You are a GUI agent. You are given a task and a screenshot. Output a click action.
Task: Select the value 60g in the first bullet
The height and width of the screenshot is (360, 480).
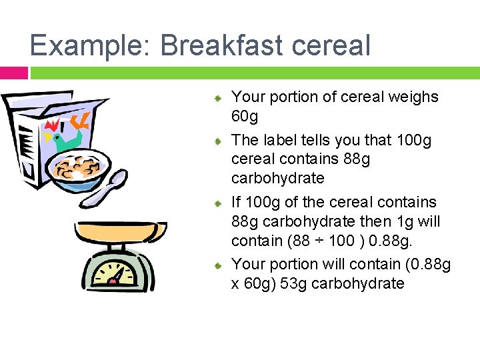coord(245,117)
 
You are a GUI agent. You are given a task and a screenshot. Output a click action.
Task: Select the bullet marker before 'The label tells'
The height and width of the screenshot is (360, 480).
coord(217,142)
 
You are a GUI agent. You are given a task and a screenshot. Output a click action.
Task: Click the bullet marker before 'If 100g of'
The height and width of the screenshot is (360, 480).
coord(217,203)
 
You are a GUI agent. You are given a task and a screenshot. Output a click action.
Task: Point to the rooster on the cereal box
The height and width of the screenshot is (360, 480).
coord(67,137)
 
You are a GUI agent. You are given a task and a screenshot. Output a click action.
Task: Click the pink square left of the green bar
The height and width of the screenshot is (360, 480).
coord(13,73)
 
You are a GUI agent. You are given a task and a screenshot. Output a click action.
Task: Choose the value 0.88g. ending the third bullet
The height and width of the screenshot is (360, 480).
coord(400,240)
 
